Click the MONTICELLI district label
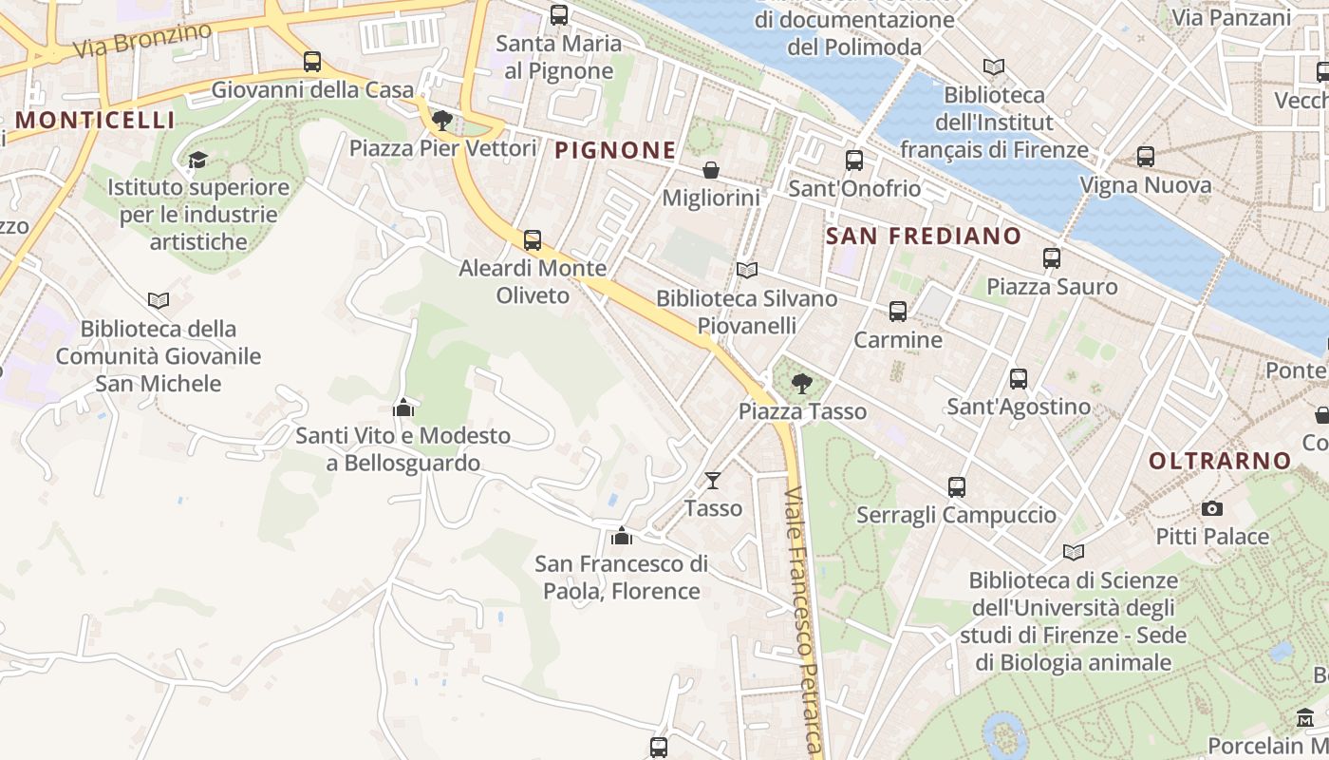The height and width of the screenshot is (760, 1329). tap(95, 120)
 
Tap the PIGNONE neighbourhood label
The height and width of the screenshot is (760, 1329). tap(615, 150)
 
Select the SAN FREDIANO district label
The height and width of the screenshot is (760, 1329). tap(924, 236)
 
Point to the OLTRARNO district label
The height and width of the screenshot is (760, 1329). tap(1220, 462)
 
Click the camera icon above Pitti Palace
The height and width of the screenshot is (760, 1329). tap(1212, 509)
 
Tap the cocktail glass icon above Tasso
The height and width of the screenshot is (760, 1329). tap(713, 481)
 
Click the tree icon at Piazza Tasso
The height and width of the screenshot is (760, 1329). tap(802, 384)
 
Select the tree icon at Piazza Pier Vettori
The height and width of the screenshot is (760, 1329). tap(442, 121)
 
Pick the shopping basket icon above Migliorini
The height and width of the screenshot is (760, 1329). tap(710, 170)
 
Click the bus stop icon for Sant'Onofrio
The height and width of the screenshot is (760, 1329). tap(854, 161)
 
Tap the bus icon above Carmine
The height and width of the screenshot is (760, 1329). tap(898, 312)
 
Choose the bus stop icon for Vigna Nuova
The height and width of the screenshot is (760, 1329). tap(1146, 157)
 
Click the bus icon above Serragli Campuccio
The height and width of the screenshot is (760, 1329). tap(956, 487)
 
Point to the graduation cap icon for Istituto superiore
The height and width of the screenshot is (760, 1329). tap(197, 159)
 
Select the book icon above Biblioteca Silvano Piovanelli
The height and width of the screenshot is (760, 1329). tap(747, 271)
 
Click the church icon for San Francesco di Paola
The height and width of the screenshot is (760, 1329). tap(622, 536)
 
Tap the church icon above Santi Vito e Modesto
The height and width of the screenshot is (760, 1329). tap(403, 408)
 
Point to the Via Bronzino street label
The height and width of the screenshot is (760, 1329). tap(141, 41)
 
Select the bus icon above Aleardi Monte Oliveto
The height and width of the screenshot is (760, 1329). tap(533, 240)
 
